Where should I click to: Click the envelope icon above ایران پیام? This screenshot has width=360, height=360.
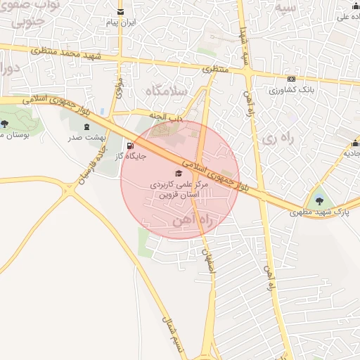tap(121, 12)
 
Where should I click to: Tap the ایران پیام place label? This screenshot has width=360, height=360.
tap(121, 23)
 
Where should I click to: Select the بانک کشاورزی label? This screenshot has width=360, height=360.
tap(290, 91)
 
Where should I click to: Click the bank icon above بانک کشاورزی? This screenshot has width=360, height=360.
tap(290, 79)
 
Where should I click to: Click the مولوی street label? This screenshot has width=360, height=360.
tap(120, 89)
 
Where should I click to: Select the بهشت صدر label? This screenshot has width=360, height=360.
tap(87, 138)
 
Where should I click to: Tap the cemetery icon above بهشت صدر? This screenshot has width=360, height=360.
tap(87, 127)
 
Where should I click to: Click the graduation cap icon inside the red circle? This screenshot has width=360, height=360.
tap(179, 173)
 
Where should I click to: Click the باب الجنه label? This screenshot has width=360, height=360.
tap(167, 117)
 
